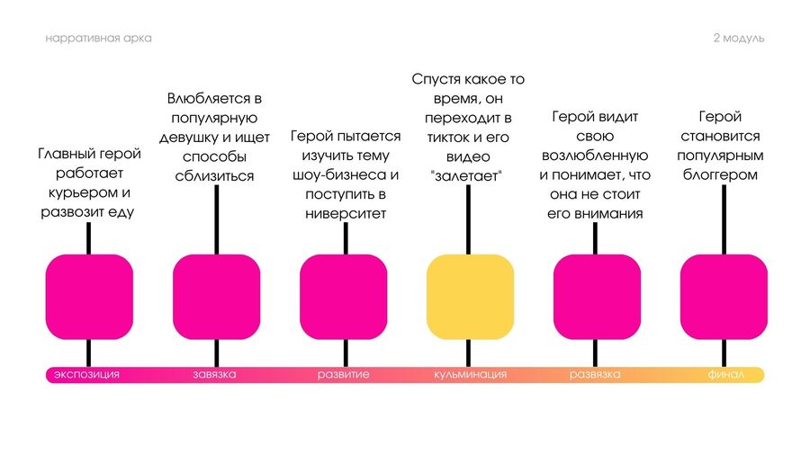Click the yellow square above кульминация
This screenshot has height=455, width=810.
tap(470, 297)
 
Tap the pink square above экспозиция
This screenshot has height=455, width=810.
tap(89, 297)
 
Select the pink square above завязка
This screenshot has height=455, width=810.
tap(216, 297)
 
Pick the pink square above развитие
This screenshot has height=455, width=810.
tap(343, 297)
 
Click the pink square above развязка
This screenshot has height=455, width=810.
tap(597, 297)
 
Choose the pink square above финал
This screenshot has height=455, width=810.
tap(724, 297)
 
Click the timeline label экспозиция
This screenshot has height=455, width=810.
tap(86, 374)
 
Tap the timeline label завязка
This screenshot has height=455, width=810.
tap(215, 374)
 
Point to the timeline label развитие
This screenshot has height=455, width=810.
tap(343, 374)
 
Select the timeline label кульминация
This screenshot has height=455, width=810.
tap(470, 374)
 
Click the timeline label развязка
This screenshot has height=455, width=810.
tap(596, 374)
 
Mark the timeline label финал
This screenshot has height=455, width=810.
tap(724, 374)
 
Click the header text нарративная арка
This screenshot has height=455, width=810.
tap(98, 39)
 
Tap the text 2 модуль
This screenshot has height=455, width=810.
tap(738, 39)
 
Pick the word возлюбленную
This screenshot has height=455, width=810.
tap(595, 156)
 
